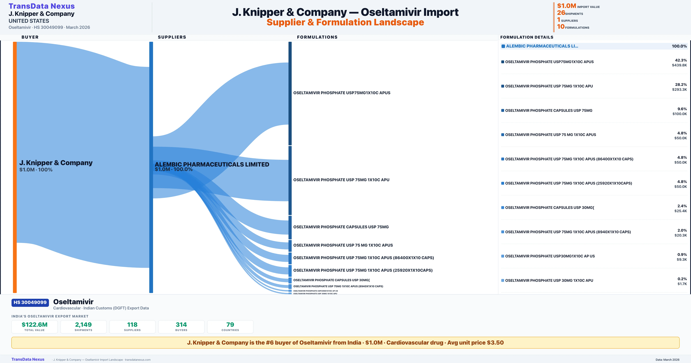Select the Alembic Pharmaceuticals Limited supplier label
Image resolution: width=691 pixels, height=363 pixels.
point(212,164)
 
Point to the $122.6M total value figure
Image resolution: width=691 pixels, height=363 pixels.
point(35,325)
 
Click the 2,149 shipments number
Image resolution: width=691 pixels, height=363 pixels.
point(83,325)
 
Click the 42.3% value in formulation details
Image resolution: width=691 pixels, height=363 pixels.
point(681,60)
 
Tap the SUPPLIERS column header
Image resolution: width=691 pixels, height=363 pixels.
point(172,37)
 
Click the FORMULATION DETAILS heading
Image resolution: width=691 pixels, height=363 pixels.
point(527,37)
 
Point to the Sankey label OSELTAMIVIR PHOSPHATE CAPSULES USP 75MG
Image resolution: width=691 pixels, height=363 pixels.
point(341,227)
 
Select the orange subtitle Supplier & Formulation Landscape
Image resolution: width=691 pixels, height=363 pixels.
point(345,22)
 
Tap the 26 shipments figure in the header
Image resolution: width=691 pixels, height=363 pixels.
point(561,13)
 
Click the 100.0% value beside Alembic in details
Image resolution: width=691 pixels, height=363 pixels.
point(679,46)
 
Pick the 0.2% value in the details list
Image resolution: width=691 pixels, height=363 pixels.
point(682,279)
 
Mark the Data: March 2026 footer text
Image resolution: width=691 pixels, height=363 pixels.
point(667,360)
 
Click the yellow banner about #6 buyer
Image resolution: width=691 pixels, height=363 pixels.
point(345,343)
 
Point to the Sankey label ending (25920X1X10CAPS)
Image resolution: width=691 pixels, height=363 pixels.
point(363,270)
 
